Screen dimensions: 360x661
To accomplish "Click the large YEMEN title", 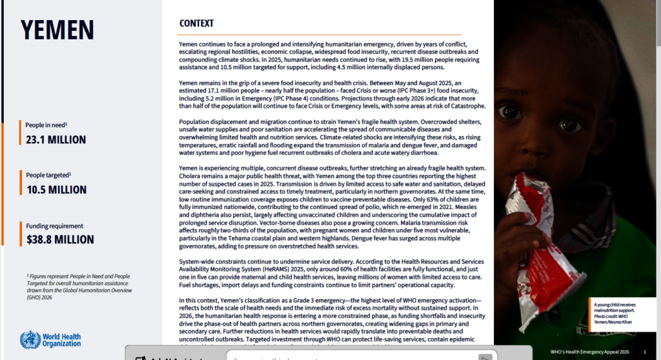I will tap(57, 30).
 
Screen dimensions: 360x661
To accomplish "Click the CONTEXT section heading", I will tap(196, 24).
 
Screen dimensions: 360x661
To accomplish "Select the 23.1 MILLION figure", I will tap(56, 139).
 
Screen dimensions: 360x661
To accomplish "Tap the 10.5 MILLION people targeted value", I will tap(56, 190).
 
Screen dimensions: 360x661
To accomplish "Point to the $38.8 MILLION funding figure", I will tap(60, 240).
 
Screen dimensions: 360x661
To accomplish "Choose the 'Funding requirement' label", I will tap(54, 226).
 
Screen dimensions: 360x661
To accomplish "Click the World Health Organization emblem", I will tap(30, 339).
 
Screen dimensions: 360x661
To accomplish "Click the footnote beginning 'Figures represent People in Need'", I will tap(78, 286).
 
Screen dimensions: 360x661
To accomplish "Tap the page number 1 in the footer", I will tap(644, 352).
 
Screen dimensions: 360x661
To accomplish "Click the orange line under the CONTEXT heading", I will tap(320, 34).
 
